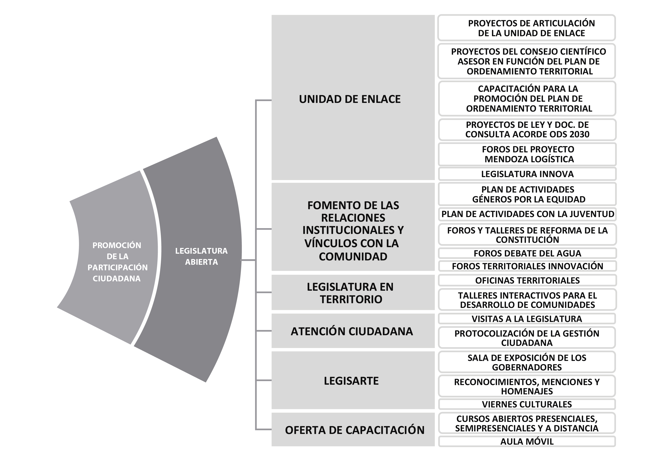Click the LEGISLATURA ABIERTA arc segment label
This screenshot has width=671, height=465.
(x=201, y=256)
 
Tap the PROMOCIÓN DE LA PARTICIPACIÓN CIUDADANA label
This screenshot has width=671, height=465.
(x=117, y=262)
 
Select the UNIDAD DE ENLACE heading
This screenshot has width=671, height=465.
(x=350, y=99)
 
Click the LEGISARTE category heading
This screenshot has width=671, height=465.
(x=351, y=381)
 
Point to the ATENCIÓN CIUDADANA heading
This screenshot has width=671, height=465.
(x=352, y=331)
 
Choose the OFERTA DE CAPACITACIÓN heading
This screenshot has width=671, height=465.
(x=355, y=430)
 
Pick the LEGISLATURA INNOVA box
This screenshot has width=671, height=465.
(x=527, y=174)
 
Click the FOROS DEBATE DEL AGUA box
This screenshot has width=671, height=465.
(x=527, y=253)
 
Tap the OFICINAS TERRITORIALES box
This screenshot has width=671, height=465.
(x=527, y=280)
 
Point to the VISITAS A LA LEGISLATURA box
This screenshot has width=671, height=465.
(x=527, y=319)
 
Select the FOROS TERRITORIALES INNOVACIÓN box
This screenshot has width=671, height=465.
(x=527, y=266)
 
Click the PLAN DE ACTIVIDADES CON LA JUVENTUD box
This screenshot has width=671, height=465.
(x=527, y=214)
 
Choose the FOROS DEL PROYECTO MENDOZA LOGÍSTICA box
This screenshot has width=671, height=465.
(x=527, y=154)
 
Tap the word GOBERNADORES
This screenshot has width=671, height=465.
(x=527, y=367)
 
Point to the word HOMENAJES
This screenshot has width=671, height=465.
(x=527, y=391)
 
